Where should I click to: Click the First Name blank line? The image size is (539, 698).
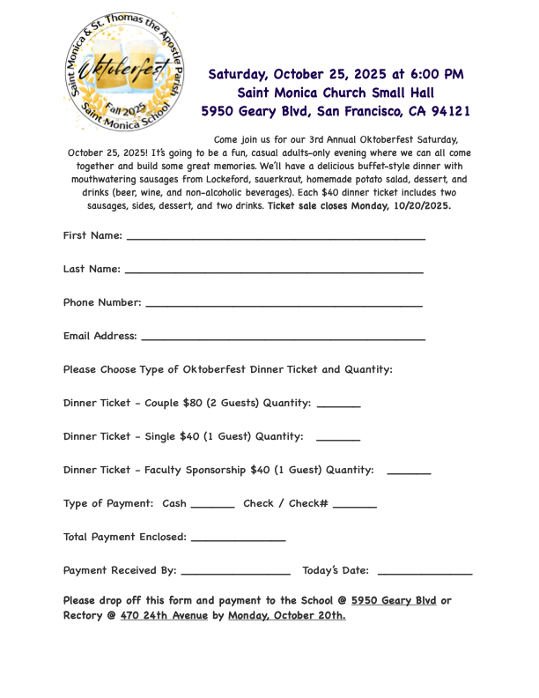(x=276, y=239)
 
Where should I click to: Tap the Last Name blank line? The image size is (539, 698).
(x=274, y=272)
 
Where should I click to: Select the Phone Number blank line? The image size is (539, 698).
(x=284, y=306)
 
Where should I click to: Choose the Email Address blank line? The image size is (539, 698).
(x=283, y=339)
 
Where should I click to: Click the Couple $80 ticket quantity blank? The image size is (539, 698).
(x=338, y=406)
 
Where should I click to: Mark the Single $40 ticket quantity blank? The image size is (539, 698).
(x=338, y=440)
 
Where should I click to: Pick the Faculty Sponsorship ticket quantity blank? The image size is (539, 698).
(x=409, y=473)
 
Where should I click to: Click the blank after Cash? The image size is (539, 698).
(x=212, y=507)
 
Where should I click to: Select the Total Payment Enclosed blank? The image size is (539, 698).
(x=238, y=540)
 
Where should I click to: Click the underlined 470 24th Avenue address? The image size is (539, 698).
(x=164, y=615)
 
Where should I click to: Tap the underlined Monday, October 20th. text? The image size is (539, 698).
(x=286, y=615)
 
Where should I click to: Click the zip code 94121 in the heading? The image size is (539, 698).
(x=449, y=111)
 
